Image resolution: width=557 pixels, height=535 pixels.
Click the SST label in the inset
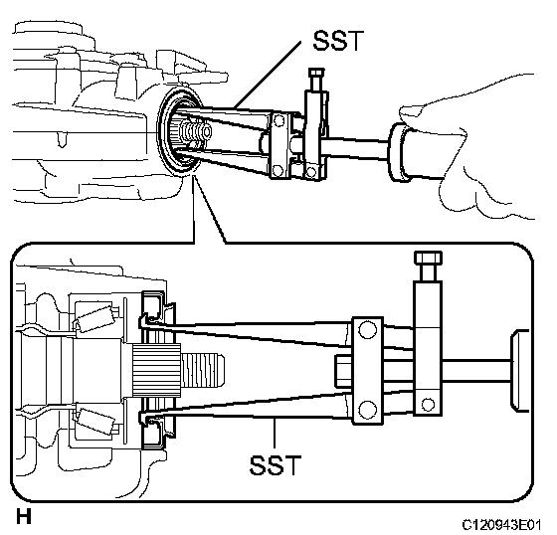[276, 465]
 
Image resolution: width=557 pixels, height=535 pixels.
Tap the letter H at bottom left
[24, 516]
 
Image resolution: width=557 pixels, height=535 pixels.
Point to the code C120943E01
[501, 525]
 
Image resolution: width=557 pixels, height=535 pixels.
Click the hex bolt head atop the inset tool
[428, 258]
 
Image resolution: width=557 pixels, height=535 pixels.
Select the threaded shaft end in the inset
[203, 371]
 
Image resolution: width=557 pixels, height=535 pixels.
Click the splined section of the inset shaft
[157, 370]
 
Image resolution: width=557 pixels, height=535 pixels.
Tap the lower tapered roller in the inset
[94, 422]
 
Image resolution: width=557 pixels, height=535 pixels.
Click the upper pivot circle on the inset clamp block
[367, 329]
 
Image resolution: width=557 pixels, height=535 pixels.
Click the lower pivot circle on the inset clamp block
[367, 410]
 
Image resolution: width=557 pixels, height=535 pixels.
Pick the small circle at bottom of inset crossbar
[428, 404]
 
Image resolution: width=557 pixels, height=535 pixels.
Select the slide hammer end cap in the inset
[519, 371]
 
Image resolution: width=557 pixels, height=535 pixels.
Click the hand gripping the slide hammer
[472, 149]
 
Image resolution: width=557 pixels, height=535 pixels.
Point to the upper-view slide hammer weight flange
[398, 152]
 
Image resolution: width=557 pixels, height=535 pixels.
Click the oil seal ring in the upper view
[179, 131]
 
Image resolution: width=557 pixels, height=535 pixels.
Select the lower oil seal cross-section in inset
[153, 431]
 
